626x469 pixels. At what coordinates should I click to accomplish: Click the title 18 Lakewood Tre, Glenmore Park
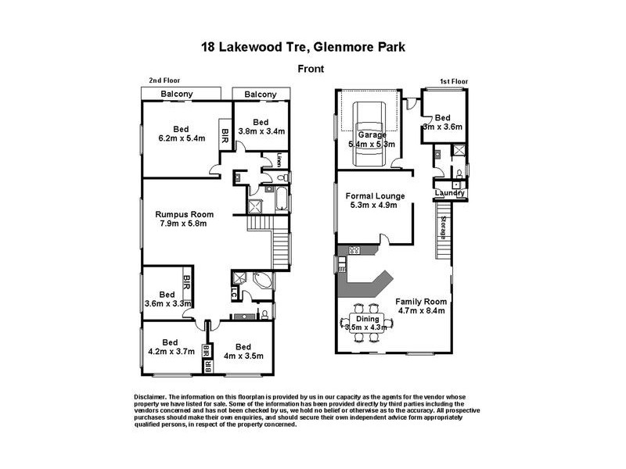312,47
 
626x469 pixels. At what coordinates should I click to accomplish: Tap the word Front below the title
312,69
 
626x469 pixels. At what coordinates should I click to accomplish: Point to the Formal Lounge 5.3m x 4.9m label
372,200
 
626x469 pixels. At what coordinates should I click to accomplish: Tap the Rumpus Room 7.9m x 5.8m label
184,220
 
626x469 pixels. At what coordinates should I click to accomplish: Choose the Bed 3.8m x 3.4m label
261,126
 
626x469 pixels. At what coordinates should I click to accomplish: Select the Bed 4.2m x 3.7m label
170,347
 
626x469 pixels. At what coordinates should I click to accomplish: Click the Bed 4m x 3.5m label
243,352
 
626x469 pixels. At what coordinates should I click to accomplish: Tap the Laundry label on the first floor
450,193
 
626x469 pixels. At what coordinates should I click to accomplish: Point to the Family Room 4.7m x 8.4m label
420,306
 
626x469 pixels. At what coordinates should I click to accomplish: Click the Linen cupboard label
279,161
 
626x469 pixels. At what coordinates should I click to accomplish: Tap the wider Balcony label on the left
178,95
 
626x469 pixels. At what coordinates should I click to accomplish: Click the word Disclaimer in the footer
152,397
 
